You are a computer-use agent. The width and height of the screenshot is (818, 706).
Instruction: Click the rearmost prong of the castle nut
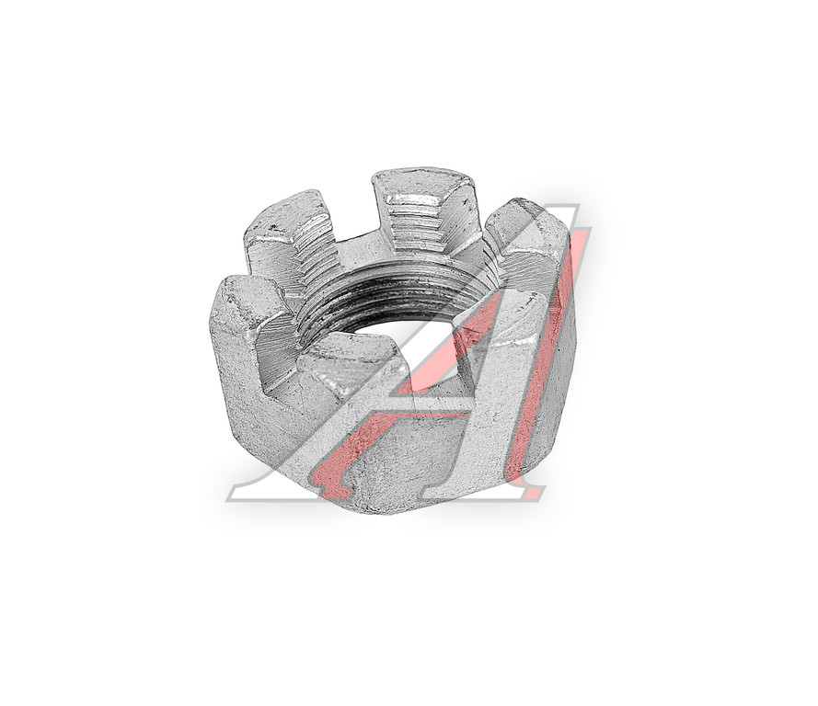(x=425, y=209)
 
